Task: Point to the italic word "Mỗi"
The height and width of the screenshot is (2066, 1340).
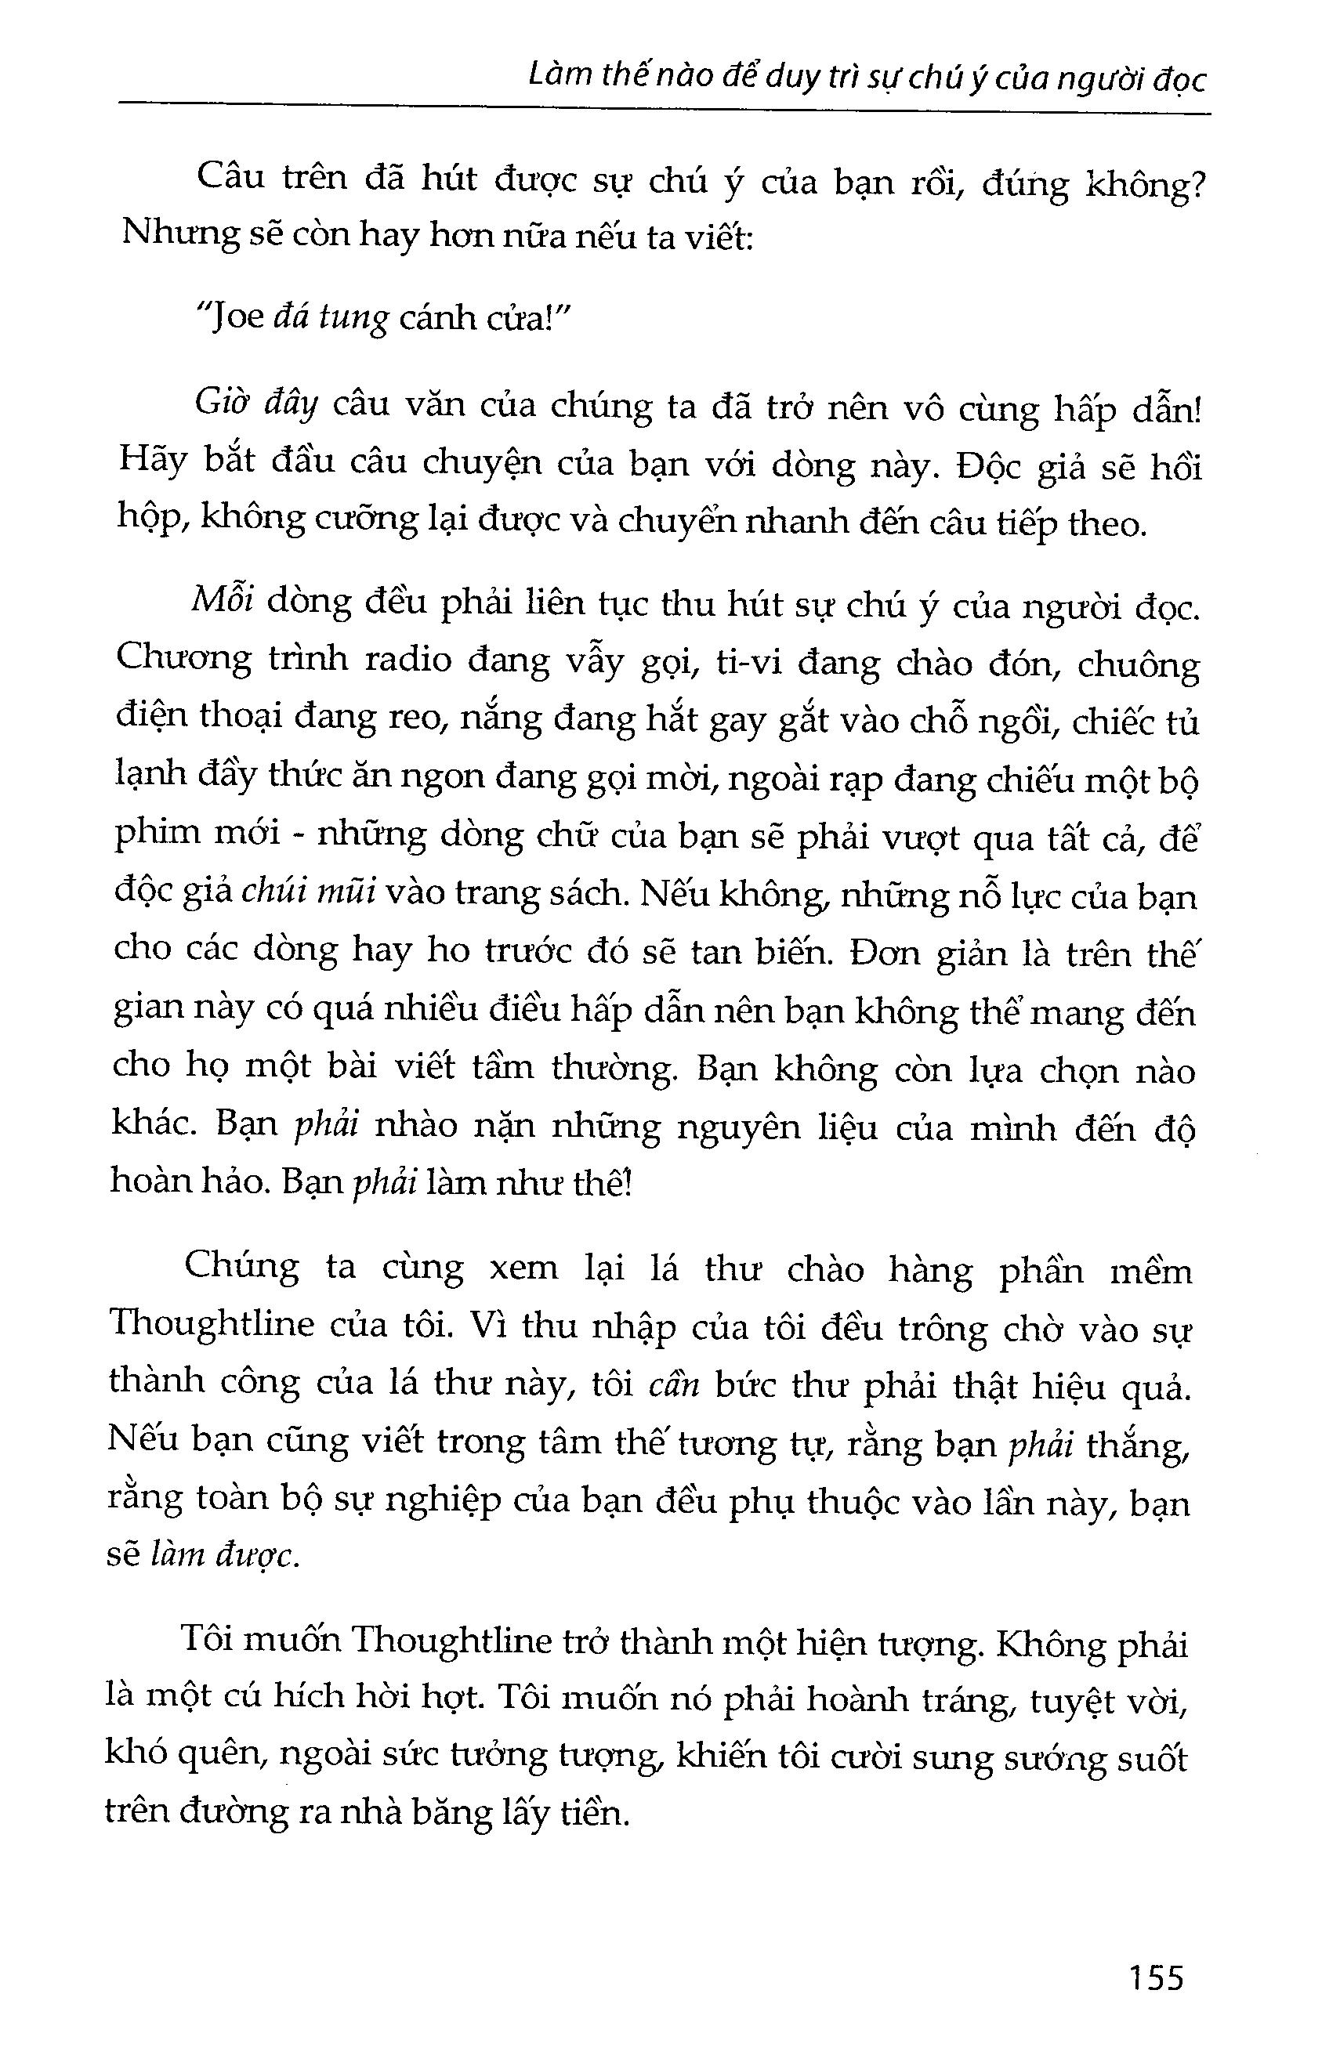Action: [x=222, y=602]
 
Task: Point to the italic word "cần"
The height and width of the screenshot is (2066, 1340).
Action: [x=674, y=1383]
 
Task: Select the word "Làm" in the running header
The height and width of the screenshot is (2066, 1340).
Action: [x=560, y=80]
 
